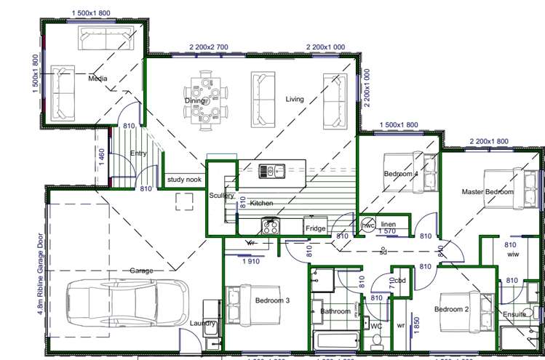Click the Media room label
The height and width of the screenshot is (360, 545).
coord(98,78)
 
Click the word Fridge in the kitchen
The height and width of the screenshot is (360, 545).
coord(316,228)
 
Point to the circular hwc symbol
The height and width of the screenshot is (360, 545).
coord(368,225)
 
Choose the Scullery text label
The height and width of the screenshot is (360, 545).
coord(221,196)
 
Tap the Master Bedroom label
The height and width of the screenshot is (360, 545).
coord(488,192)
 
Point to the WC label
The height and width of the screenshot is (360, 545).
coord(376,326)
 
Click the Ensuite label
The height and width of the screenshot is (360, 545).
coord(514,314)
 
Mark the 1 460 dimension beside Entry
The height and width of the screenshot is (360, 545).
coord(101,156)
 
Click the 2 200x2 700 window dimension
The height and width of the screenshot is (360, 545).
coord(209,47)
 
